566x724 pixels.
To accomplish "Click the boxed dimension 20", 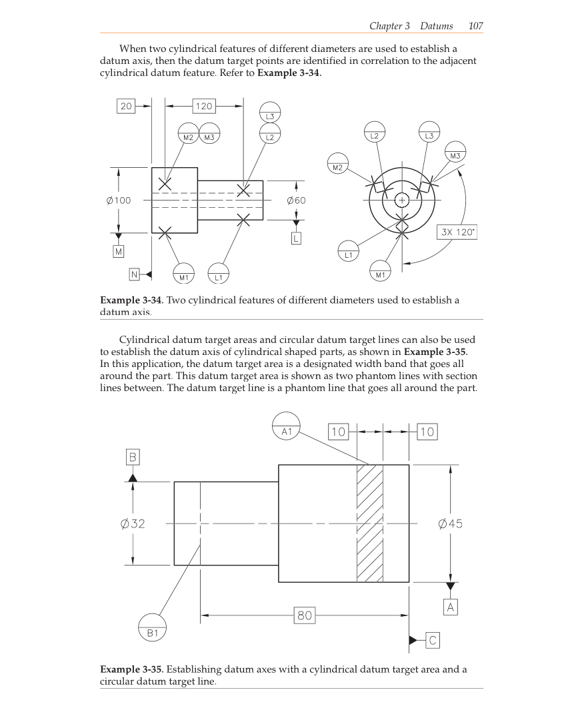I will [x=126, y=105].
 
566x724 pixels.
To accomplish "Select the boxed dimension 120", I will [x=203, y=105].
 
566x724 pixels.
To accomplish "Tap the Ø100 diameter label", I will [x=119, y=200].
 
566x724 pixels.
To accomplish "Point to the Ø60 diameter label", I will [x=295, y=200].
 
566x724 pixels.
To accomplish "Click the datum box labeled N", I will [x=135, y=274].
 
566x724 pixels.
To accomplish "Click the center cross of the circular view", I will [x=402, y=200].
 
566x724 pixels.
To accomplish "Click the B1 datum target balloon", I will [x=153, y=629].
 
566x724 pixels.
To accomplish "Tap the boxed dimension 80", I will [x=305, y=615].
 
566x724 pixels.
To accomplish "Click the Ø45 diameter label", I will [x=451, y=524].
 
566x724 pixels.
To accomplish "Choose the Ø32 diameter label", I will [x=133, y=524].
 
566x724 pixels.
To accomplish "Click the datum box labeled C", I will [x=432, y=641].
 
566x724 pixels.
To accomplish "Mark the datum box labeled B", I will [x=133, y=457].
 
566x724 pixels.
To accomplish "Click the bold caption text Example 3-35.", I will [x=131, y=669].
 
